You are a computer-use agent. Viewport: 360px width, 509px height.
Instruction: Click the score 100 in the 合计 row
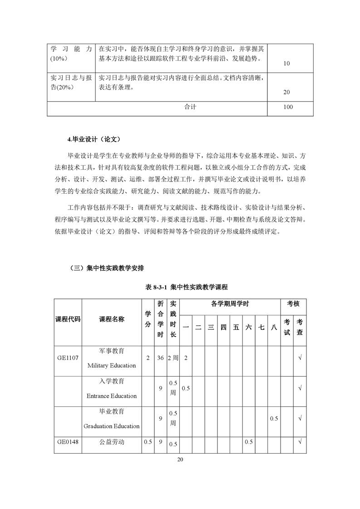coord(287,108)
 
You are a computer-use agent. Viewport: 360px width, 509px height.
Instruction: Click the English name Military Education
coord(111,365)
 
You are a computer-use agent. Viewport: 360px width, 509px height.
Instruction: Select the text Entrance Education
coord(111,396)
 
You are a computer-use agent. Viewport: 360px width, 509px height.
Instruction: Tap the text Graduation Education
coord(111,426)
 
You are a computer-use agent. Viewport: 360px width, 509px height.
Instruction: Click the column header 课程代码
coord(68,319)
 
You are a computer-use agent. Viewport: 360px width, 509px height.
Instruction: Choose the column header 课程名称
coord(111,319)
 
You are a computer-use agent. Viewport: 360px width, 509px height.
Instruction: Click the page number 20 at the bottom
coord(180,460)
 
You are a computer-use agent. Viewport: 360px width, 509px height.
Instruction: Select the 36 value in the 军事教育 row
coord(160,358)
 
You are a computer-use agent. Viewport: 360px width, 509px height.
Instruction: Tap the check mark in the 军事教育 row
coord(300,358)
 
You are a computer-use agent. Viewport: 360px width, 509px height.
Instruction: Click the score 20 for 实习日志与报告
coord(286,92)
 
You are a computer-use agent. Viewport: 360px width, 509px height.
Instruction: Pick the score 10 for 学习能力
coord(286,64)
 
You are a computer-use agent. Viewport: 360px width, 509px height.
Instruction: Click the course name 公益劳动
coord(111,441)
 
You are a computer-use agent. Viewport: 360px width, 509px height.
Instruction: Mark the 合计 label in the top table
coord(190,108)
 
